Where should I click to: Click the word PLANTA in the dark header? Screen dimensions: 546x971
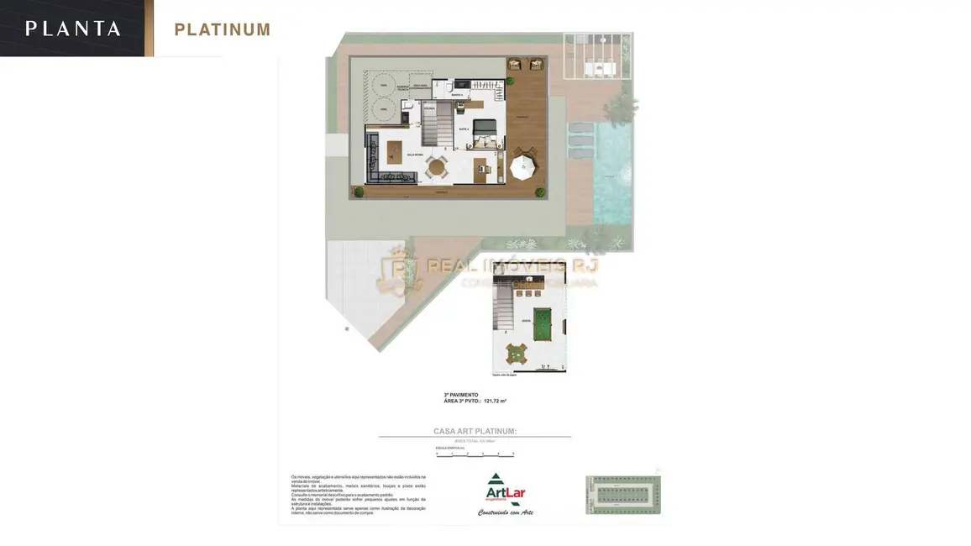click(73, 29)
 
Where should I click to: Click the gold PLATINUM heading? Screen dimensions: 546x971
click(223, 30)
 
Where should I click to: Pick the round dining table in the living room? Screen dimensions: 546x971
click(436, 166)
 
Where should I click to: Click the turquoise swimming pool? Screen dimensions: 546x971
click(612, 172)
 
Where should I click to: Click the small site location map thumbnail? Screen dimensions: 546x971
click(623, 495)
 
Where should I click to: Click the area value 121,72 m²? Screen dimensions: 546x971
click(495, 402)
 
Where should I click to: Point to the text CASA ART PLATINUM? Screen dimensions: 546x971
click(475, 431)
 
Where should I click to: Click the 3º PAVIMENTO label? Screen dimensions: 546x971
click(461, 395)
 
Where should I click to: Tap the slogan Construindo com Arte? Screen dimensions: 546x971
click(506, 512)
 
